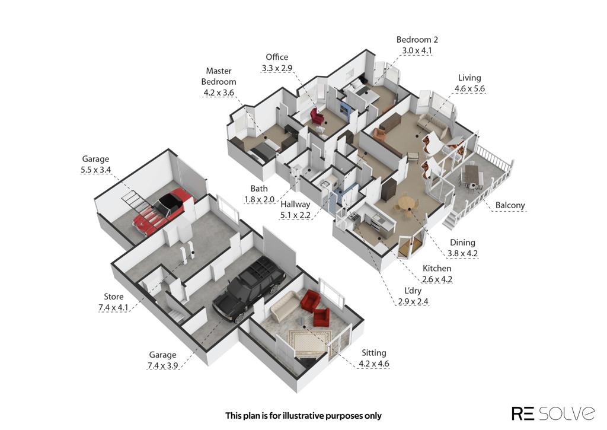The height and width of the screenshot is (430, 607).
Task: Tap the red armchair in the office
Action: [317, 116]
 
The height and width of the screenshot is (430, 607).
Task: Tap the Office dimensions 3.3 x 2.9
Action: [277, 68]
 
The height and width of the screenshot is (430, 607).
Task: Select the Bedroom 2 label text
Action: [417, 40]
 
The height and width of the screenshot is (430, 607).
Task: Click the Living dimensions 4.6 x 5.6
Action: [469, 89]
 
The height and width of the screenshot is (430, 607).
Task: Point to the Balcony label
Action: [510, 205]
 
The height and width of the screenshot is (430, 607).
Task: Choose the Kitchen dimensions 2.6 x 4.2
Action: [437, 279]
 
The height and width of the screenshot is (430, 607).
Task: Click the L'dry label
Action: [413, 291]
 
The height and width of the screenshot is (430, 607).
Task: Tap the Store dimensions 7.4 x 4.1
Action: [113, 308]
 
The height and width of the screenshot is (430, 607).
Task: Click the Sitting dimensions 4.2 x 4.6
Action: [374, 364]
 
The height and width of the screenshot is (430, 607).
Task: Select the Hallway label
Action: [295, 204]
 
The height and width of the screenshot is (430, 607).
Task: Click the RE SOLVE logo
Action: [553, 413]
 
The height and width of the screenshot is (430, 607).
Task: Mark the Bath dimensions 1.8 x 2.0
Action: [259, 200]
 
